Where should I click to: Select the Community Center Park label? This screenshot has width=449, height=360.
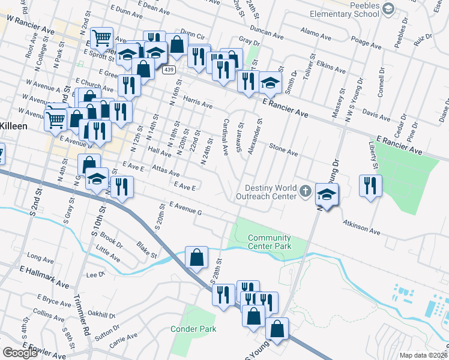pos(270,242)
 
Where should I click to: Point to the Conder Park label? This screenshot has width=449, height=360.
pos(193,329)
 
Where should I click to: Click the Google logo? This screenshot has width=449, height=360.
pos(20,353)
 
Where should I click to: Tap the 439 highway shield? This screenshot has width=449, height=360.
pos(168,70)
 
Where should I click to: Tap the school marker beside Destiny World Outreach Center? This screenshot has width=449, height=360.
pos(327,194)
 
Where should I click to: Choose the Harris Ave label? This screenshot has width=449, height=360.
pos(198,103)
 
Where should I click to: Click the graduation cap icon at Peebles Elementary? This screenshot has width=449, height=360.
pos(388,8)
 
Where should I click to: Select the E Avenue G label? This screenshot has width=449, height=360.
pos(185,208)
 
